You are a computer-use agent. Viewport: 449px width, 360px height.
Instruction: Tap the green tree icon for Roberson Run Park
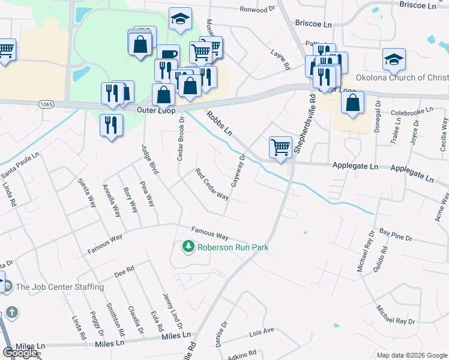(188, 247)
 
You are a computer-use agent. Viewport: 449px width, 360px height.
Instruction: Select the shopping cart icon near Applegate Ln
(280, 147)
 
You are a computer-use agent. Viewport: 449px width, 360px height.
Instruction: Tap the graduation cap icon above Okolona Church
(394, 59)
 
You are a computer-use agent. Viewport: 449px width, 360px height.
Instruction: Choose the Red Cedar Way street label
(212, 184)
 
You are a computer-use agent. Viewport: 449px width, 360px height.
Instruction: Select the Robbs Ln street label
(220, 123)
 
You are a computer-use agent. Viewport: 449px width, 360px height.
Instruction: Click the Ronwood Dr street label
(257, 10)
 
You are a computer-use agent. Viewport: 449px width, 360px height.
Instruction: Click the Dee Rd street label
(124, 273)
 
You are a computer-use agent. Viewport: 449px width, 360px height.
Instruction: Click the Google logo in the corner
(21, 353)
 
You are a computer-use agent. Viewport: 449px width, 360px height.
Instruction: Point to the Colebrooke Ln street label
(412, 112)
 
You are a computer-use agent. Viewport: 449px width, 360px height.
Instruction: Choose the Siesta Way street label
(87, 193)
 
